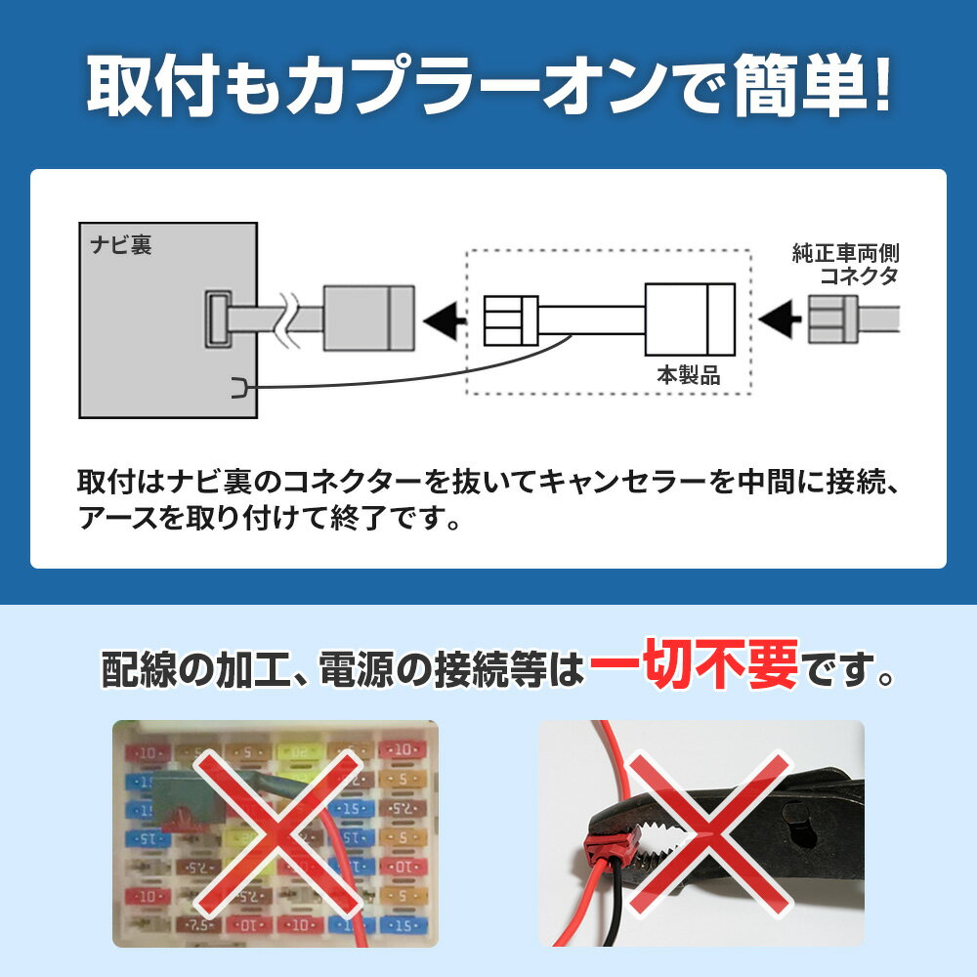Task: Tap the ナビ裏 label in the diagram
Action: pyautogui.click(x=121, y=245)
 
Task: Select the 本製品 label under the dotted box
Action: pyautogui.click(x=689, y=375)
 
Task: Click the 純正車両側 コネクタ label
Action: pyautogui.click(x=845, y=264)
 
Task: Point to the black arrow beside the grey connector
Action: pyautogui.click(x=445, y=319)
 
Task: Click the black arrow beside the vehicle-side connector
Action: pyautogui.click(x=780, y=319)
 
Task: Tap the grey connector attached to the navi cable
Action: pyautogui.click(x=369, y=318)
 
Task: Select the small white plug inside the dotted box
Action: pyautogui.click(x=511, y=320)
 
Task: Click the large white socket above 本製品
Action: pyautogui.click(x=690, y=319)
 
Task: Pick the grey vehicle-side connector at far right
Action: pyautogui.click(x=833, y=319)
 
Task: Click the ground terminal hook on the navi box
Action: pyautogui.click(x=239, y=388)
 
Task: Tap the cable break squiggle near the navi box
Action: pyautogui.click(x=288, y=319)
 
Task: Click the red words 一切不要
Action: pyautogui.click(x=694, y=664)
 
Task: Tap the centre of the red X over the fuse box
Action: pyautogui.click(x=277, y=833)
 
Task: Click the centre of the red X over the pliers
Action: pyautogui.click(x=708, y=835)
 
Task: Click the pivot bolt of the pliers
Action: pyautogui.click(x=801, y=825)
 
